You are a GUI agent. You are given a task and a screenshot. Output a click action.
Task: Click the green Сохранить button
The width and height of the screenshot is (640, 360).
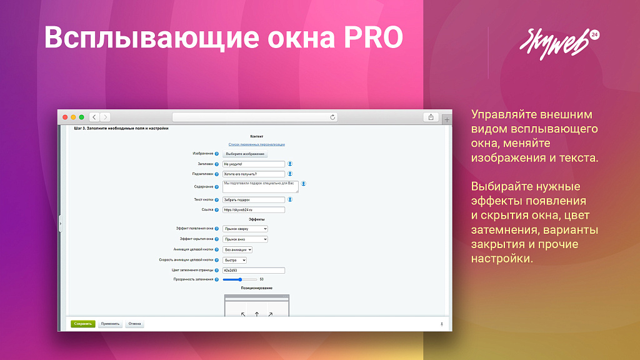click(82, 324)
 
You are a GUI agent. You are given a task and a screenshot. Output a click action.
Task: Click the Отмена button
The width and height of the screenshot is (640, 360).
click(134, 324)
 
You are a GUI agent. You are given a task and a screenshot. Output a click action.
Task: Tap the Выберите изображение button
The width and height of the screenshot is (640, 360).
click(245, 154)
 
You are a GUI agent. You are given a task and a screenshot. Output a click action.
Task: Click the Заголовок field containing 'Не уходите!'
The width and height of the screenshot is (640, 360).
click(254, 164)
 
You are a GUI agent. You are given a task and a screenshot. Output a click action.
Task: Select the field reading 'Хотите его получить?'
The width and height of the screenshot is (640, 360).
click(254, 174)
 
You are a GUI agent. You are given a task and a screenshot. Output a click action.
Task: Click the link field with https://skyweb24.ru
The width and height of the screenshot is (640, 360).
click(254, 210)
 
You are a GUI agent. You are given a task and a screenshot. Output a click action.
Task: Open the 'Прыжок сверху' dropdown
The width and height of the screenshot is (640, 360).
click(245, 229)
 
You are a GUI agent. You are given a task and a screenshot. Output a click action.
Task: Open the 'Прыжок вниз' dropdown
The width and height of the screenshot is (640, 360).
click(245, 239)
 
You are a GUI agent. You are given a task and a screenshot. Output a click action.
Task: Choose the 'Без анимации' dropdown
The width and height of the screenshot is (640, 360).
click(237, 249)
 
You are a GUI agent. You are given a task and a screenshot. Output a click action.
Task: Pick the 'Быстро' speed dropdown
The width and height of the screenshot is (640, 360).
click(235, 260)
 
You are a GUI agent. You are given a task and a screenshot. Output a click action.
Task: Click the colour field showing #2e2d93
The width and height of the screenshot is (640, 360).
click(254, 271)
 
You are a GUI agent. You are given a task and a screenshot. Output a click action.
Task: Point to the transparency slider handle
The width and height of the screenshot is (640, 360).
click(241, 279)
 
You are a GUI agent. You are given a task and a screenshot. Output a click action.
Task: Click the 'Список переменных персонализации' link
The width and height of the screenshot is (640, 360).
click(257, 144)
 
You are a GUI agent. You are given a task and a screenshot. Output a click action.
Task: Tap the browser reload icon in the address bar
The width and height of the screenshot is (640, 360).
click(333, 117)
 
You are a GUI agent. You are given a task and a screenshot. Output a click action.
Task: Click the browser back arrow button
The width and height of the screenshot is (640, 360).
click(94, 117)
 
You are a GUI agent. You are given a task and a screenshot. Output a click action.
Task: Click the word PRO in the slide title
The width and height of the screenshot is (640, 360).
click(372, 37)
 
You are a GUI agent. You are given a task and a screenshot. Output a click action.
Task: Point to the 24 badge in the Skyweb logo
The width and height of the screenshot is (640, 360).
click(593, 36)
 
